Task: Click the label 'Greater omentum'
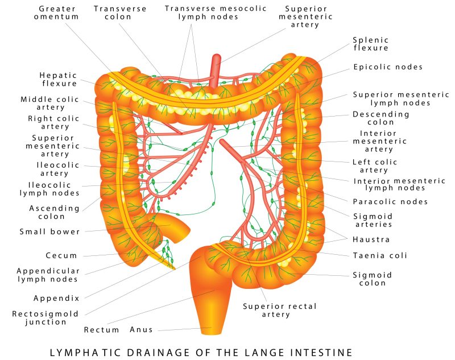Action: (x=56, y=13)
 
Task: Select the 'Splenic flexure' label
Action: (x=371, y=44)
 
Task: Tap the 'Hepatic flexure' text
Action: (x=59, y=80)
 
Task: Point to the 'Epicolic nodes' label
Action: (x=388, y=67)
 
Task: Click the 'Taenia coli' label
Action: (x=380, y=255)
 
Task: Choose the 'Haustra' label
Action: (x=371, y=239)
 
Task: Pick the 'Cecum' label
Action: (x=61, y=255)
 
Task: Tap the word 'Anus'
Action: (x=141, y=330)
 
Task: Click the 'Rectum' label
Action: (x=101, y=330)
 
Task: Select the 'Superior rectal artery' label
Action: (x=279, y=311)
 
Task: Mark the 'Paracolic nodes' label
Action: (x=390, y=202)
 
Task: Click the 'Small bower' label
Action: (x=49, y=232)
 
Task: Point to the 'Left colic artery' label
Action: (x=374, y=166)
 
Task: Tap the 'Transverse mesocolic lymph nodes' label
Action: (x=216, y=13)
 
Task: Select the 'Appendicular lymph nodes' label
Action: (x=48, y=275)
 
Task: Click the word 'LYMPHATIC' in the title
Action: (x=85, y=353)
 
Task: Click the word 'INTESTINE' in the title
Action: (x=321, y=353)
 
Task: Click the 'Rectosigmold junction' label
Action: (x=45, y=318)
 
